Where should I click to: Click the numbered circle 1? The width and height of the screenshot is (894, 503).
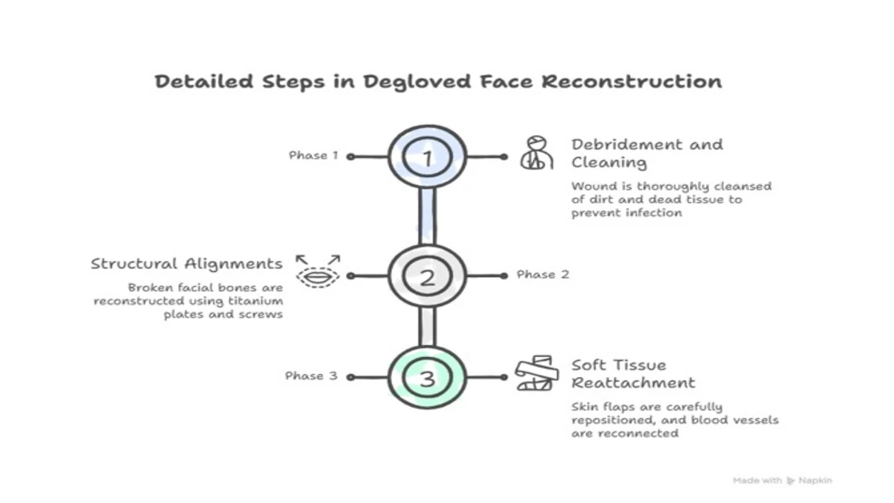(427, 157)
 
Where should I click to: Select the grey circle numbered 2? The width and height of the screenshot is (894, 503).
(427, 277)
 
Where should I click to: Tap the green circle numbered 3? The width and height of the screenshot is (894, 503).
(427, 378)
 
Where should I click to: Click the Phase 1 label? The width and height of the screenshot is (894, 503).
(314, 156)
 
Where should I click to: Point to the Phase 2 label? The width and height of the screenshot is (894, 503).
(542, 275)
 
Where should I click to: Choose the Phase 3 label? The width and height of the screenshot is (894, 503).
(311, 376)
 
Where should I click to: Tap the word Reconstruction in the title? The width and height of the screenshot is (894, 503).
(632, 81)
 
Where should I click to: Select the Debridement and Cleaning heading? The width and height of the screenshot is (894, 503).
(647, 153)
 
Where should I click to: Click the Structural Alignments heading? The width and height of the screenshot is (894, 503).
(186, 264)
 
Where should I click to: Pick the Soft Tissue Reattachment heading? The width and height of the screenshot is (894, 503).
(633, 374)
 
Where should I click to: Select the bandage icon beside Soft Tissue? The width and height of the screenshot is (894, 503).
(536, 373)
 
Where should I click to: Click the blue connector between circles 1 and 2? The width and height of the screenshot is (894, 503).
(427, 217)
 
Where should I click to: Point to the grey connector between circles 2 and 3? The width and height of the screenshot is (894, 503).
(427, 327)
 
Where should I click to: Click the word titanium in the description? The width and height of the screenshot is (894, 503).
(260, 300)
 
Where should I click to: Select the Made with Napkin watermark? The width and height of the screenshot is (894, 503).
(782, 481)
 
